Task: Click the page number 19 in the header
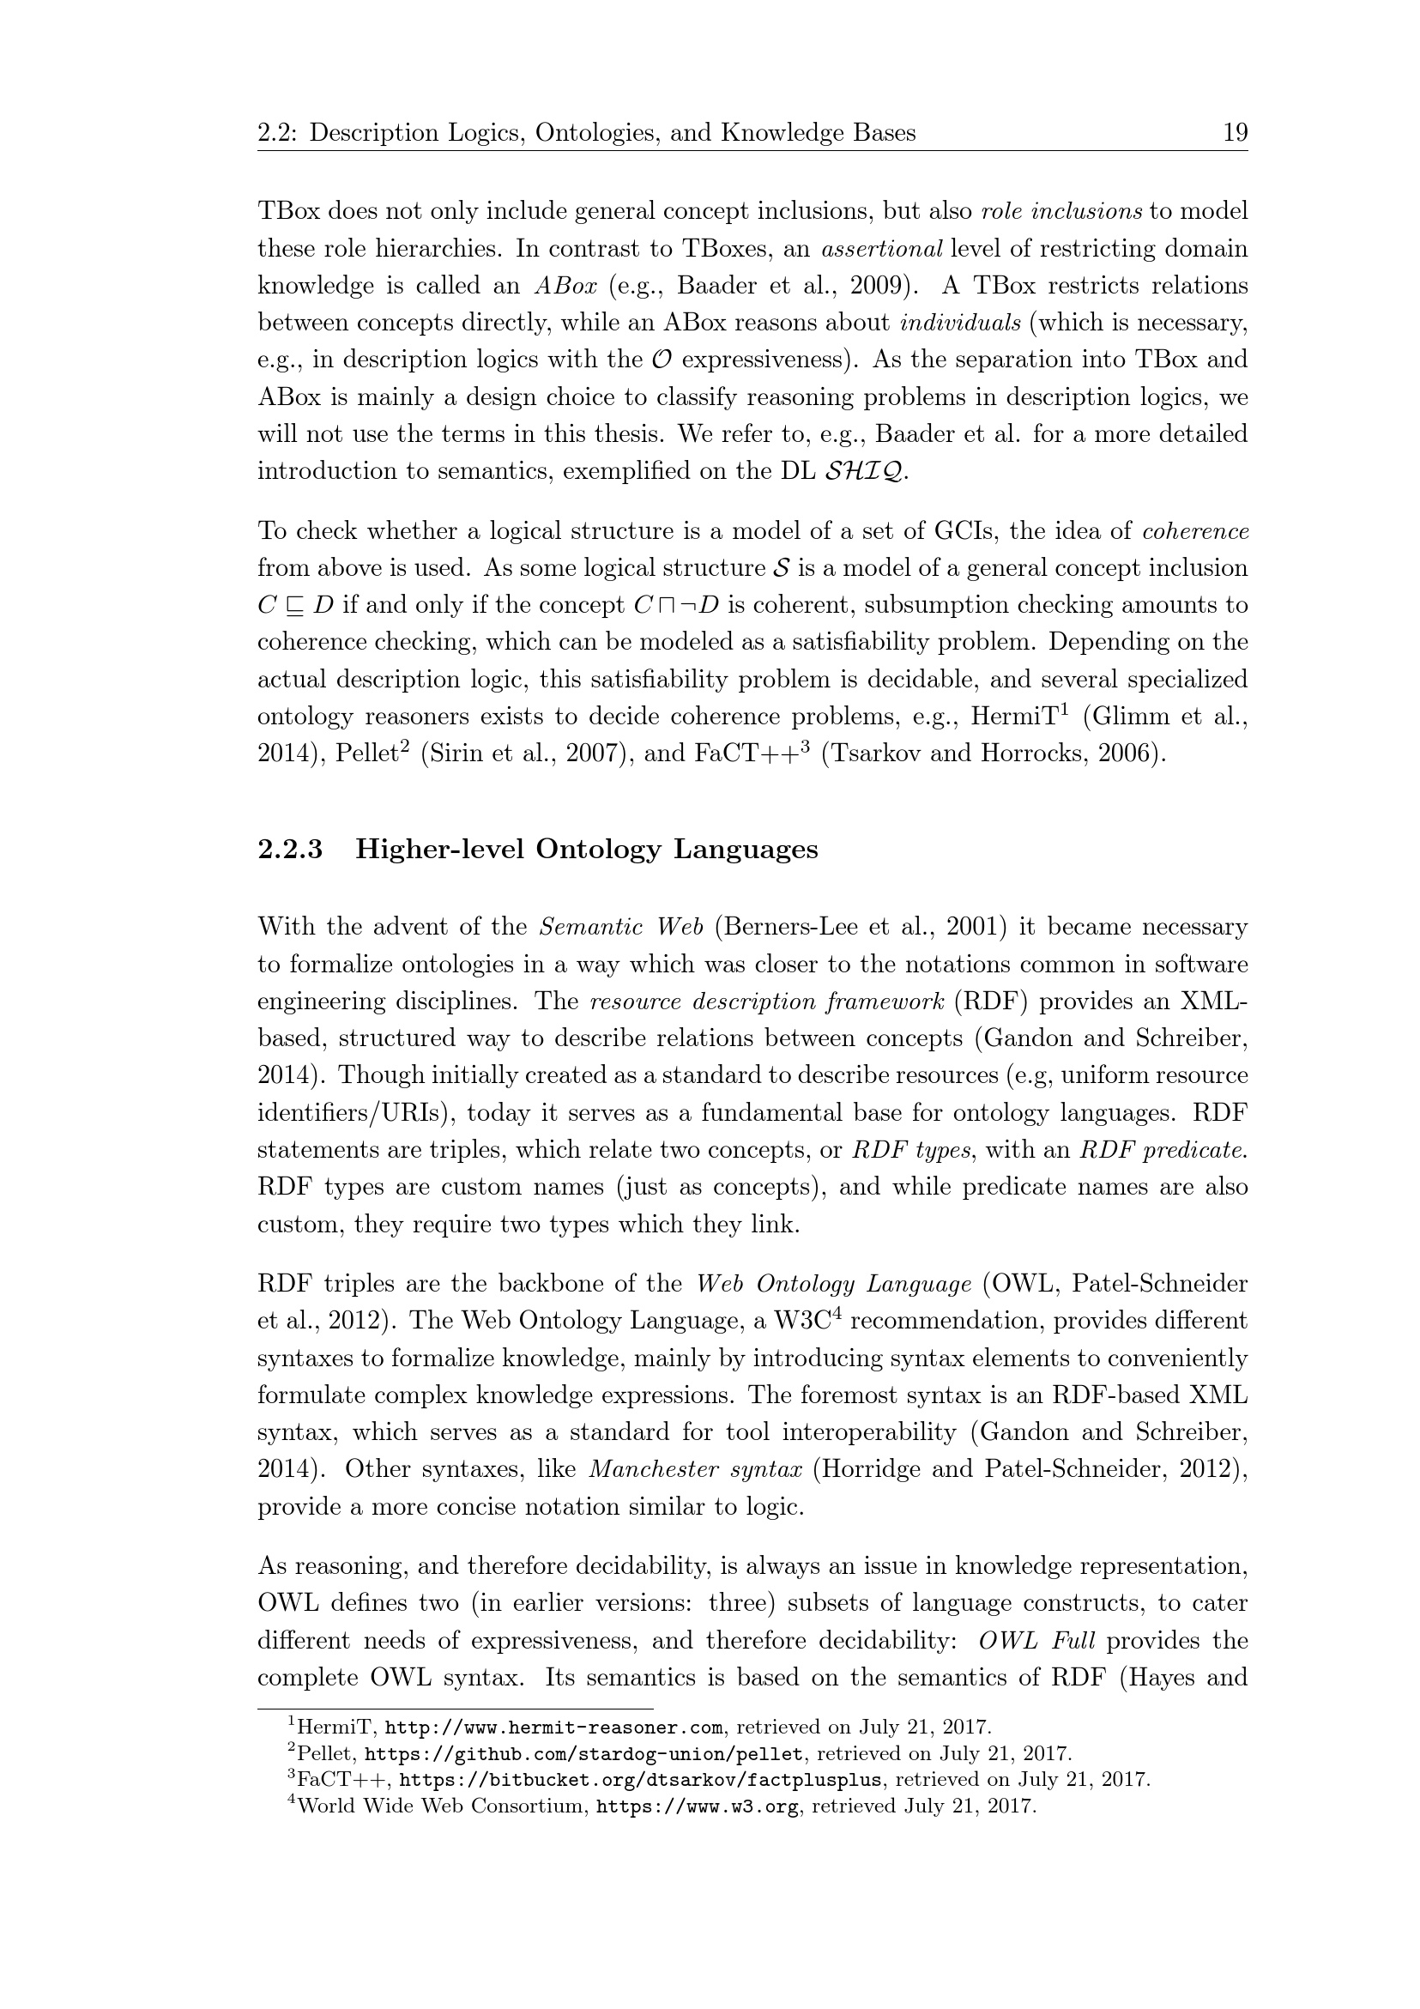coord(1235,133)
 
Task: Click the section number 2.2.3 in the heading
coord(290,850)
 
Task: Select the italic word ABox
coord(565,286)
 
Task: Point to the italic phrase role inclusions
coord(1061,212)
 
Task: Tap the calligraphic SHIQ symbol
coord(867,472)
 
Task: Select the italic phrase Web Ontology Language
coord(834,1284)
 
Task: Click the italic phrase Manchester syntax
coord(696,1469)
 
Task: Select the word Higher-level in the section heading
coord(439,850)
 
